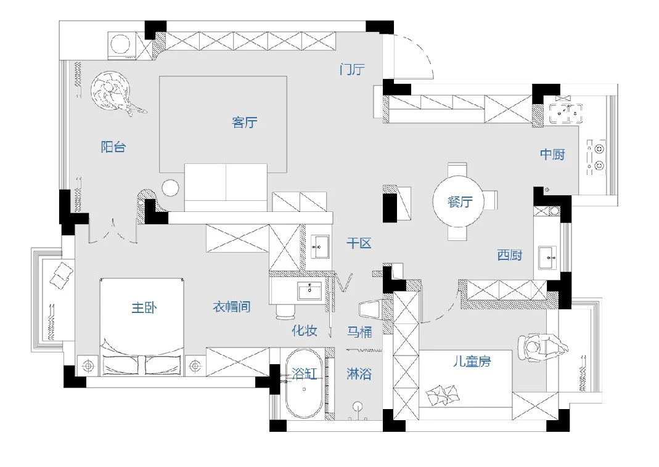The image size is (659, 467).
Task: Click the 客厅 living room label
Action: tap(244, 122)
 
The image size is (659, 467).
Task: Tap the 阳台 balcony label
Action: tap(113, 147)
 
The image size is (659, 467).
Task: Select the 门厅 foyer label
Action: tap(352, 69)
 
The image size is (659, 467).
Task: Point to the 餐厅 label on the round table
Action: tap(460, 202)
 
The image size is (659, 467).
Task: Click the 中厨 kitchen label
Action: tap(552, 155)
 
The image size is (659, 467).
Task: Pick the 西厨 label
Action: tap(509, 255)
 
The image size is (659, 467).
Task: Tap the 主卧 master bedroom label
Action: tap(144, 308)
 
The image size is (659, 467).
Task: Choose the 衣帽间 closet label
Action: tap(232, 307)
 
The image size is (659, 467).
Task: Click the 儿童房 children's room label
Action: tap(472, 361)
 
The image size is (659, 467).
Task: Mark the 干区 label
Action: tap(359, 243)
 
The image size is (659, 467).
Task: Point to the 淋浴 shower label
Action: tap(359, 374)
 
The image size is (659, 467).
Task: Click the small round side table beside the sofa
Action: tap(170, 188)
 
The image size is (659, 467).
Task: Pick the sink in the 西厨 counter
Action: tap(547, 258)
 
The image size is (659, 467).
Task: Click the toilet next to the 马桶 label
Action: tap(371, 310)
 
